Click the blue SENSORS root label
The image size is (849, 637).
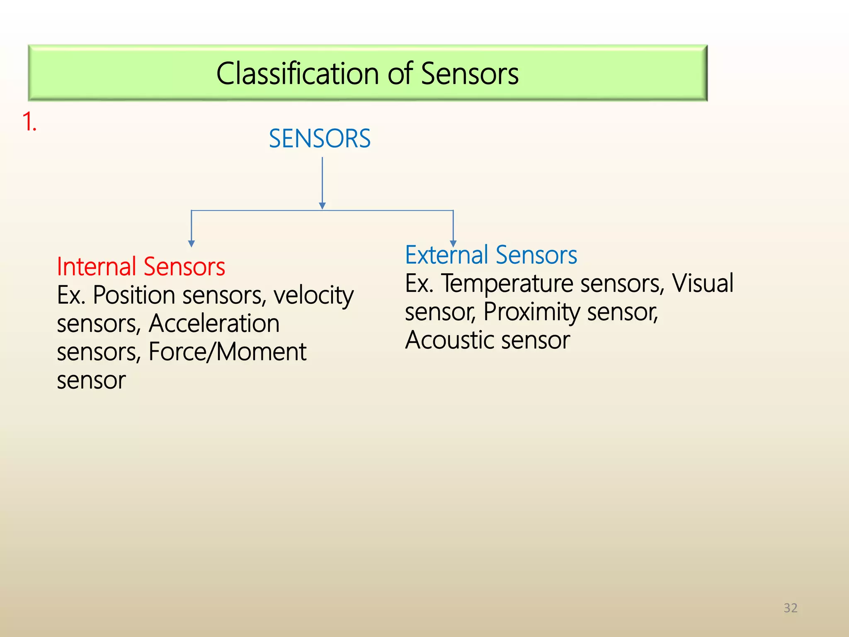click(x=320, y=139)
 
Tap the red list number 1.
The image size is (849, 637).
click(x=29, y=122)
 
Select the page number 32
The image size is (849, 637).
click(x=790, y=608)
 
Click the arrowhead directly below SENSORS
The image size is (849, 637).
click(x=323, y=206)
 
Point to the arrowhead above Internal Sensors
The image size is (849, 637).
click(x=191, y=243)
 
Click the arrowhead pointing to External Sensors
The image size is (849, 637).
click(x=453, y=243)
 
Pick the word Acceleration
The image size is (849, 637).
click(x=214, y=323)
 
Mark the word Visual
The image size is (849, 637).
click(x=703, y=284)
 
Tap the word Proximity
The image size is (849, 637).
click(x=531, y=312)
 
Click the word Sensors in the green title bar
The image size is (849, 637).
click(x=470, y=73)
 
